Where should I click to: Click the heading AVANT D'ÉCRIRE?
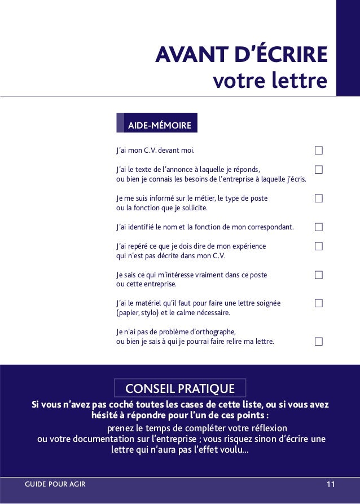pyautogui.click(x=242, y=55)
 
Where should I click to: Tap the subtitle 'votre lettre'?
pyautogui.click(x=270, y=80)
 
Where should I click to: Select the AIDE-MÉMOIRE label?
pyautogui.click(x=159, y=125)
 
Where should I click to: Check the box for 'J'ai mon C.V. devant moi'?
pyautogui.click(x=319, y=151)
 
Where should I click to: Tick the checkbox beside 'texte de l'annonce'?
pyautogui.click(x=319, y=169)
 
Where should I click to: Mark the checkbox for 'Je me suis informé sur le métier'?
pyautogui.click(x=319, y=198)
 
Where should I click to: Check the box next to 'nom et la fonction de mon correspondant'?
pyautogui.click(x=319, y=227)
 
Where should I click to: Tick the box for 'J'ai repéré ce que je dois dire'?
pyautogui.click(x=319, y=246)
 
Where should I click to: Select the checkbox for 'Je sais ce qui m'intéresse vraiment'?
pyautogui.click(x=319, y=275)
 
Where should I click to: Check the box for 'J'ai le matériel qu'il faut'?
pyautogui.click(x=319, y=303)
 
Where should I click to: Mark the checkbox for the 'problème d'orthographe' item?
pyautogui.click(x=319, y=341)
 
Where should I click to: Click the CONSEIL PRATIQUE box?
pyautogui.click(x=180, y=388)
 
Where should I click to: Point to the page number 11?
pyautogui.click(x=331, y=484)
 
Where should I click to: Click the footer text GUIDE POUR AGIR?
pyautogui.click(x=55, y=484)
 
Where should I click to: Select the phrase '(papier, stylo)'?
pyautogui.click(x=138, y=313)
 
